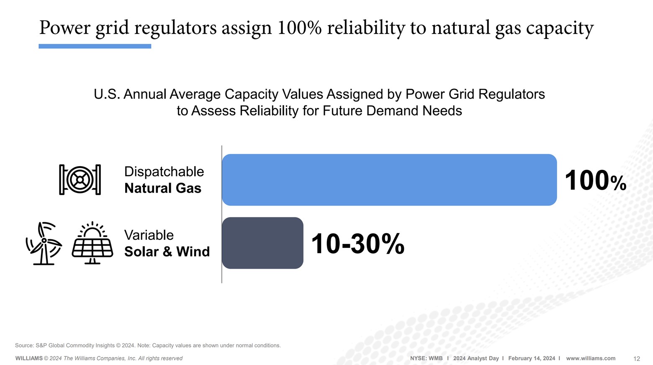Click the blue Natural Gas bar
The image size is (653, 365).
coord(389,180)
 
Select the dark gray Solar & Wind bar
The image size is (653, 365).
coord(262,243)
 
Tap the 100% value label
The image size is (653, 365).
coord(595,181)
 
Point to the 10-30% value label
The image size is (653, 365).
coord(357,244)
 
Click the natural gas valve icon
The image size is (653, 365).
coord(80,180)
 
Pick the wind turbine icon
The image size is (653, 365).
coord(44,243)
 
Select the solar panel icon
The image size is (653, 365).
coord(93,243)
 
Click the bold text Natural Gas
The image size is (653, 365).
coord(163,188)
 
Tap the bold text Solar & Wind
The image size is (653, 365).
coord(167,252)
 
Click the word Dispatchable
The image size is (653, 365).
coord(164,172)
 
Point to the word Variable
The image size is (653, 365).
coord(149,235)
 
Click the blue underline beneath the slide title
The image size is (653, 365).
coord(95,46)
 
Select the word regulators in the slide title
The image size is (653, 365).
coord(175,28)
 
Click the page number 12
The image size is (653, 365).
coord(636,359)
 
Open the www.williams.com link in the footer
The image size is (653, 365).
coord(591,358)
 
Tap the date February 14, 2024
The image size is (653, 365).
coord(532,358)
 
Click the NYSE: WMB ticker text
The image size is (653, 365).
coord(426,358)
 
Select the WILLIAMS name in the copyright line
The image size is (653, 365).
coord(29,358)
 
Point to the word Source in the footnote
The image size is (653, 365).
coord(24,345)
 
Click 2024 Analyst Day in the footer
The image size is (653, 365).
coord(476,358)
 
